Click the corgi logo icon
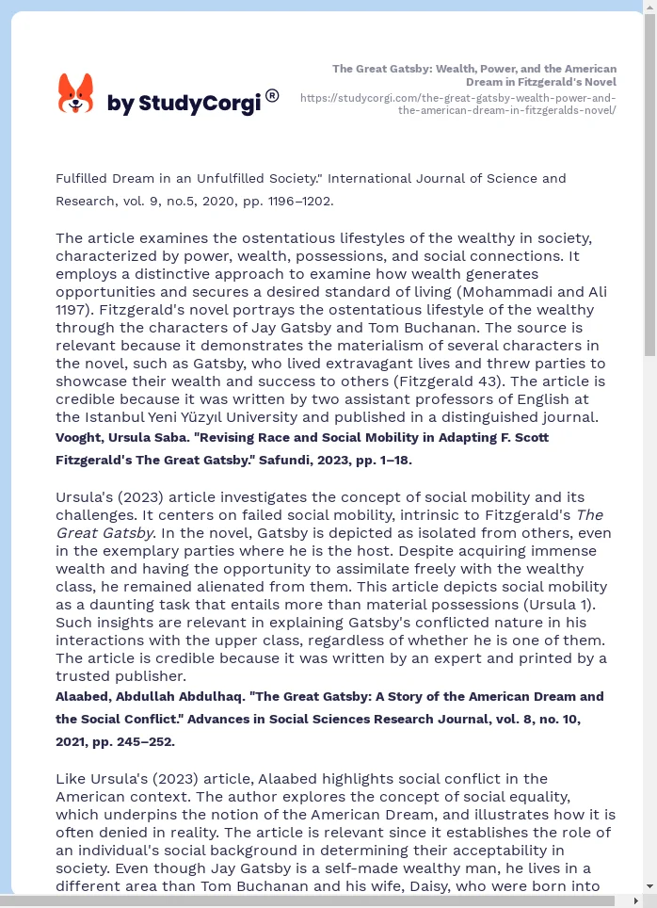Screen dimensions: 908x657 click(76, 93)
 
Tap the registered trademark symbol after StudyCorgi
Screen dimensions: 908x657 click(272, 95)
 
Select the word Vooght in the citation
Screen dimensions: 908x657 click(80, 438)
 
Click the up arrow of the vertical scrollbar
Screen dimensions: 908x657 click(649, 8)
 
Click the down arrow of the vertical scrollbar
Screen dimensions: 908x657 click(649, 886)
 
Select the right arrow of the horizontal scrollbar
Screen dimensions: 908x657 click(635, 901)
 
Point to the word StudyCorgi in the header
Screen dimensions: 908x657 click(199, 104)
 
